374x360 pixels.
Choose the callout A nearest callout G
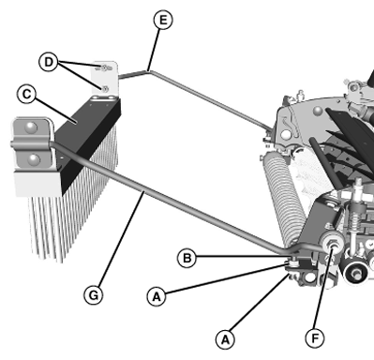[156, 295]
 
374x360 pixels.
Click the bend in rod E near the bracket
[147, 67]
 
